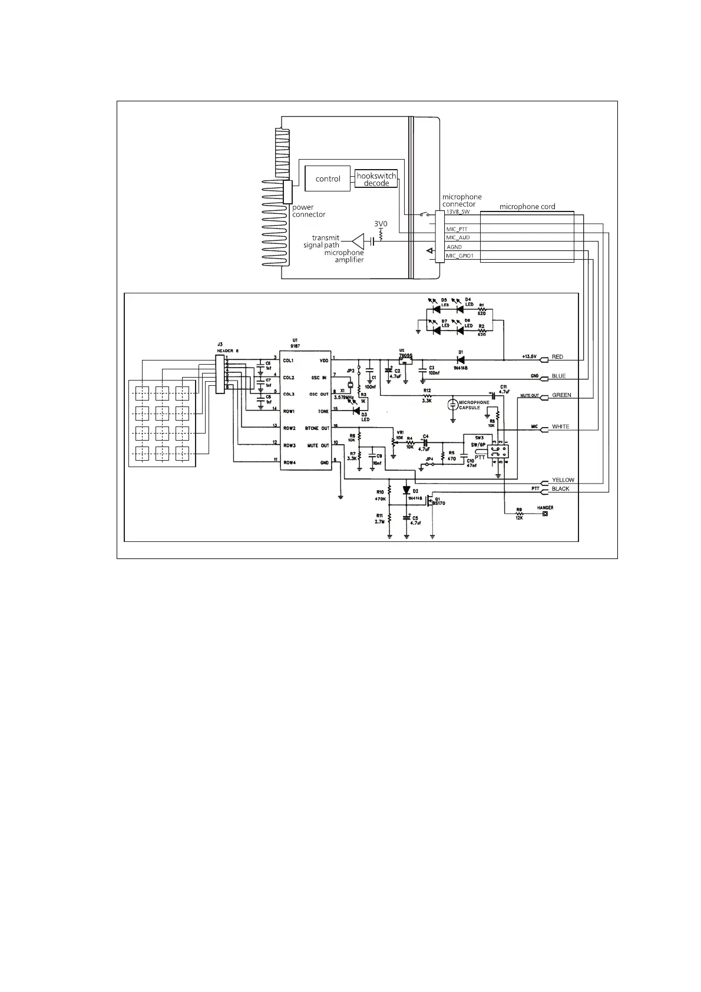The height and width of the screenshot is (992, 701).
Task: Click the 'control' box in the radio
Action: (328, 178)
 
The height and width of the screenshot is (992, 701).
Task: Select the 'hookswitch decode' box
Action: (376, 179)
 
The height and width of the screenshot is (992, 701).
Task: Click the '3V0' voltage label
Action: (381, 224)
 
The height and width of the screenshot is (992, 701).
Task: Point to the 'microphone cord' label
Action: (527, 207)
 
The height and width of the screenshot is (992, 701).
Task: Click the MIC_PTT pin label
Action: (457, 229)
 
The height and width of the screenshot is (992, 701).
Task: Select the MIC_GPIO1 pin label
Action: (460, 256)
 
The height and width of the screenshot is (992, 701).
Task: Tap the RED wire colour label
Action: (557, 357)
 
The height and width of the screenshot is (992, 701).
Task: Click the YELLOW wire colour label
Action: (563, 480)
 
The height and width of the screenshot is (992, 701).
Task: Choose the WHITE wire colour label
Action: (560, 426)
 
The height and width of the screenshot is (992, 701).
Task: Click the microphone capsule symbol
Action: (452, 404)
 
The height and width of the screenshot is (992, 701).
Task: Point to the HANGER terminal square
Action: (544, 514)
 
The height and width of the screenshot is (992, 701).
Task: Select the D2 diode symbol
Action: (406, 490)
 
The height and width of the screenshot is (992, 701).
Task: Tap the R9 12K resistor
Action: (519, 514)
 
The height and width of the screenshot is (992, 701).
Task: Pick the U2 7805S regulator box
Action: (405, 360)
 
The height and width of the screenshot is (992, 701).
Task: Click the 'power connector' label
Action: (309, 211)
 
